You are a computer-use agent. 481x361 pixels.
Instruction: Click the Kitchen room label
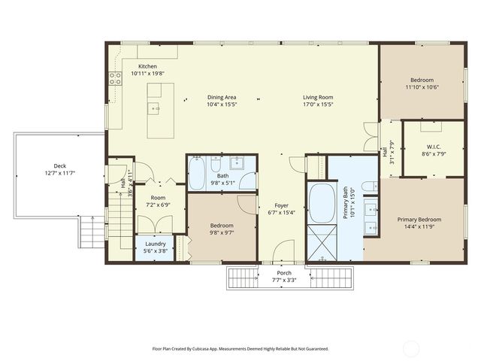pyautogui.click(x=147, y=66)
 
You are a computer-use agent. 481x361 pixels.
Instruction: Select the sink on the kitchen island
pyautogui.click(x=156, y=108)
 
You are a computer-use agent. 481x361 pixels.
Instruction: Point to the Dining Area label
pyautogui.click(x=222, y=97)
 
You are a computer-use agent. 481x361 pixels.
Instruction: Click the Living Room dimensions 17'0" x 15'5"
pyautogui.click(x=318, y=105)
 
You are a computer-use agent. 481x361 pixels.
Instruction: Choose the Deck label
pyautogui.click(x=59, y=165)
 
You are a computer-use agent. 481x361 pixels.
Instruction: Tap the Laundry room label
pyautogui.click(x=156, y=243)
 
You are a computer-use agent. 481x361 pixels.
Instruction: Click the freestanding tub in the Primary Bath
pyautogui.click(x=322, y=202)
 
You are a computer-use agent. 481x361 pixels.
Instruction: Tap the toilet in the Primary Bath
pyautogui.click(x=368, y=186)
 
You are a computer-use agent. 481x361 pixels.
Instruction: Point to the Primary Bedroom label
pyautogui.click(x=419, y=219)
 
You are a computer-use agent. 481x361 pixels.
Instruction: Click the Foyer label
pyautogui.click(x=281, y=205)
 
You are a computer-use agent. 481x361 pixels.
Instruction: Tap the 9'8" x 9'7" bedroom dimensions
pyautogui.click(x=221, y=232)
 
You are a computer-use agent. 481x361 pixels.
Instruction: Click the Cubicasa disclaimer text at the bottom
pyautogui.click(x=240, y=348)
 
